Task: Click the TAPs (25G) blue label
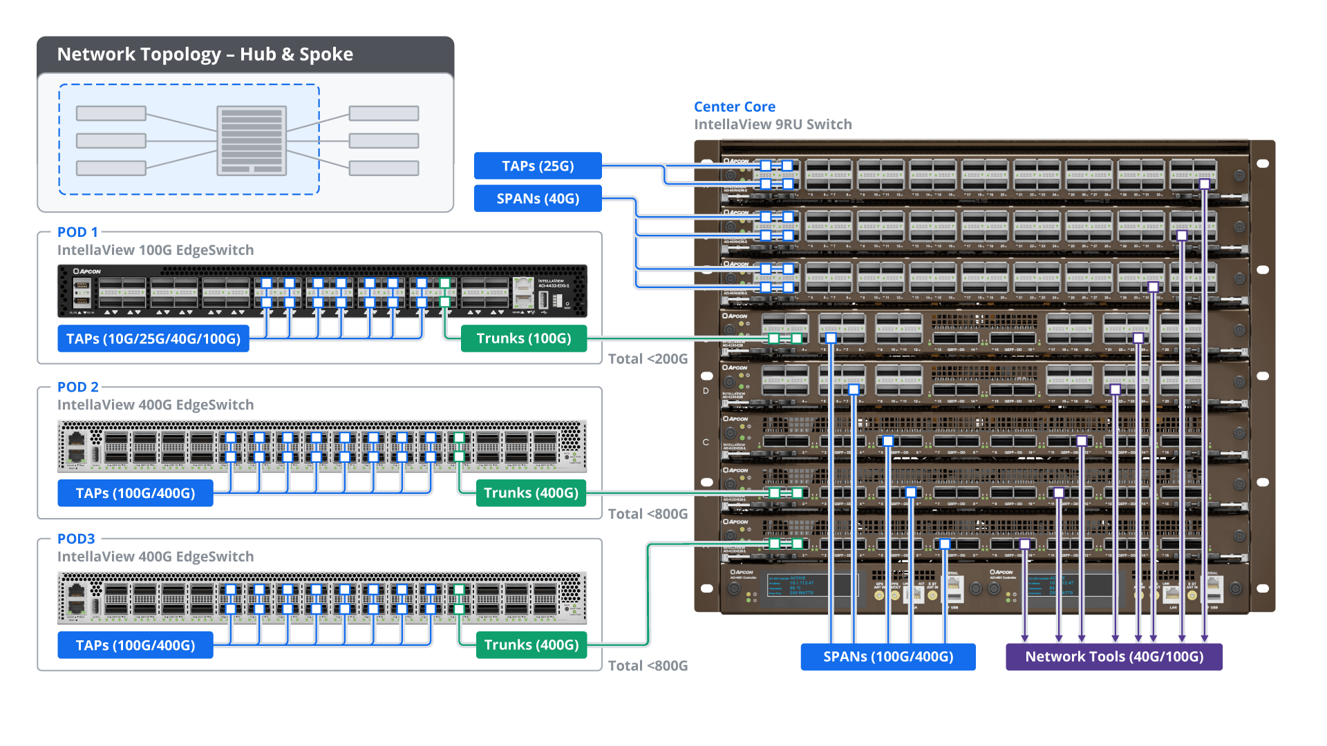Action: pyautogui.click(x=538, y=166)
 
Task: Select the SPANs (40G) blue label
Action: pyautogui.click(x=538, y=199)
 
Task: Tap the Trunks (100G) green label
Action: pyautogui.click(x=523, y=338)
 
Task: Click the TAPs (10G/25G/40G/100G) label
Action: pyautogui.click(x=153, y=339)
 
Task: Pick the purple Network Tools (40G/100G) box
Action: pyautogui.click(x=1113, y=657)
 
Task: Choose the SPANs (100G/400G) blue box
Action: pyautogui.click(x=887, y=657)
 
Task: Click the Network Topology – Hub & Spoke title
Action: pyautogui.click(x=205, y=55)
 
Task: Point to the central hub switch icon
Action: pyautogui.click(x=251, y=141)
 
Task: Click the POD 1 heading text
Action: pyautogui.click(x=77, y=232)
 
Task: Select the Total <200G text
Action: pyautogui.click(x=648, y=359)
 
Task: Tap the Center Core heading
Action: pyautogui.click(x=734, y=107)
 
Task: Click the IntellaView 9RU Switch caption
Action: pyautogui.click(x=773, y=124)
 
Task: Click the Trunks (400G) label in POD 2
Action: pyautogui.click(x=531, y=493)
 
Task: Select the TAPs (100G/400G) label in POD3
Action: pyautogui.click(x=135, y=645)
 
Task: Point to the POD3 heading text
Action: pyautogui.click(x=75, y=539)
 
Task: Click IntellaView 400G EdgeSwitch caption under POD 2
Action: pyautogui.click(x=155, y=405)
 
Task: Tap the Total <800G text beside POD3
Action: pyautogui.click(x=648, y=666)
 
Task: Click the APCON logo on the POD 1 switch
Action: pyautogui.click(x=88, y=271)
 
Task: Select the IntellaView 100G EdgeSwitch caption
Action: pyautogui.click(x=155, y=250)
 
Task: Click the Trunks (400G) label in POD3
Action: pyautogui.click(x=531, y=645)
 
